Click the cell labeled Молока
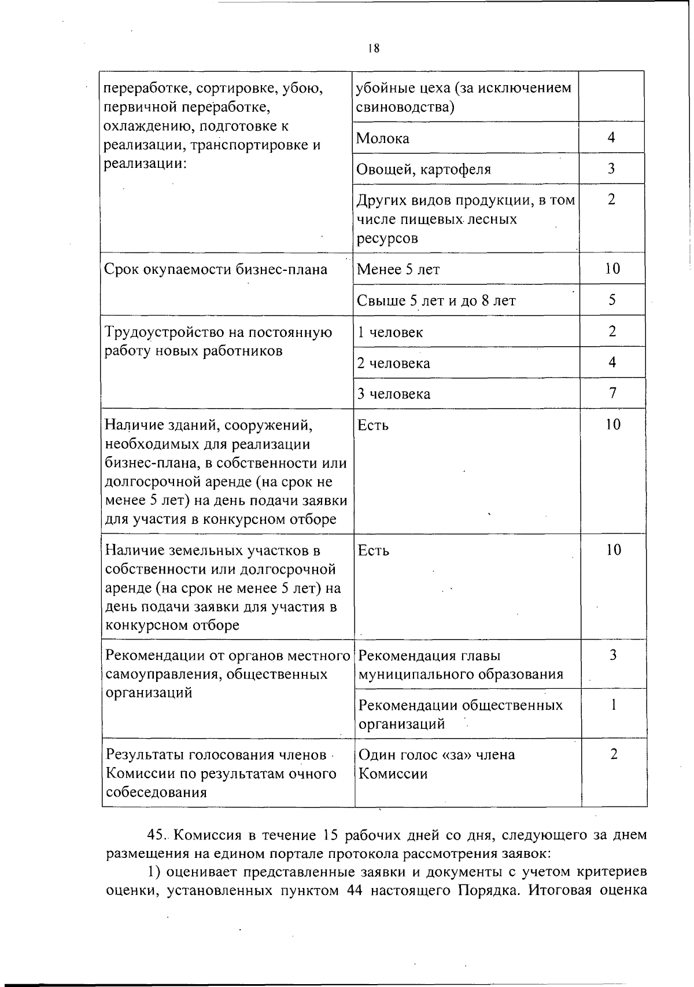point(383,138)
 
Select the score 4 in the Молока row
point(611,137)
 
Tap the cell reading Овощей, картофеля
point(424,170)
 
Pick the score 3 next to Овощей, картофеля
point(611,168)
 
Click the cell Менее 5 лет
point(398,269)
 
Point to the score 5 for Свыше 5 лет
point(612,300)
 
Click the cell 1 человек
point(390,332)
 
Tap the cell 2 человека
point(394,364)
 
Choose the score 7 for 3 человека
point(612,394)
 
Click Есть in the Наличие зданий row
point(374,425)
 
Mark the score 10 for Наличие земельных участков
point(613,550)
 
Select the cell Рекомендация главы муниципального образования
point(460,665)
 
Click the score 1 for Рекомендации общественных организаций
point(614,705)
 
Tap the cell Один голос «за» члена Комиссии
point(437,764)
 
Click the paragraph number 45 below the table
point(157,835)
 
